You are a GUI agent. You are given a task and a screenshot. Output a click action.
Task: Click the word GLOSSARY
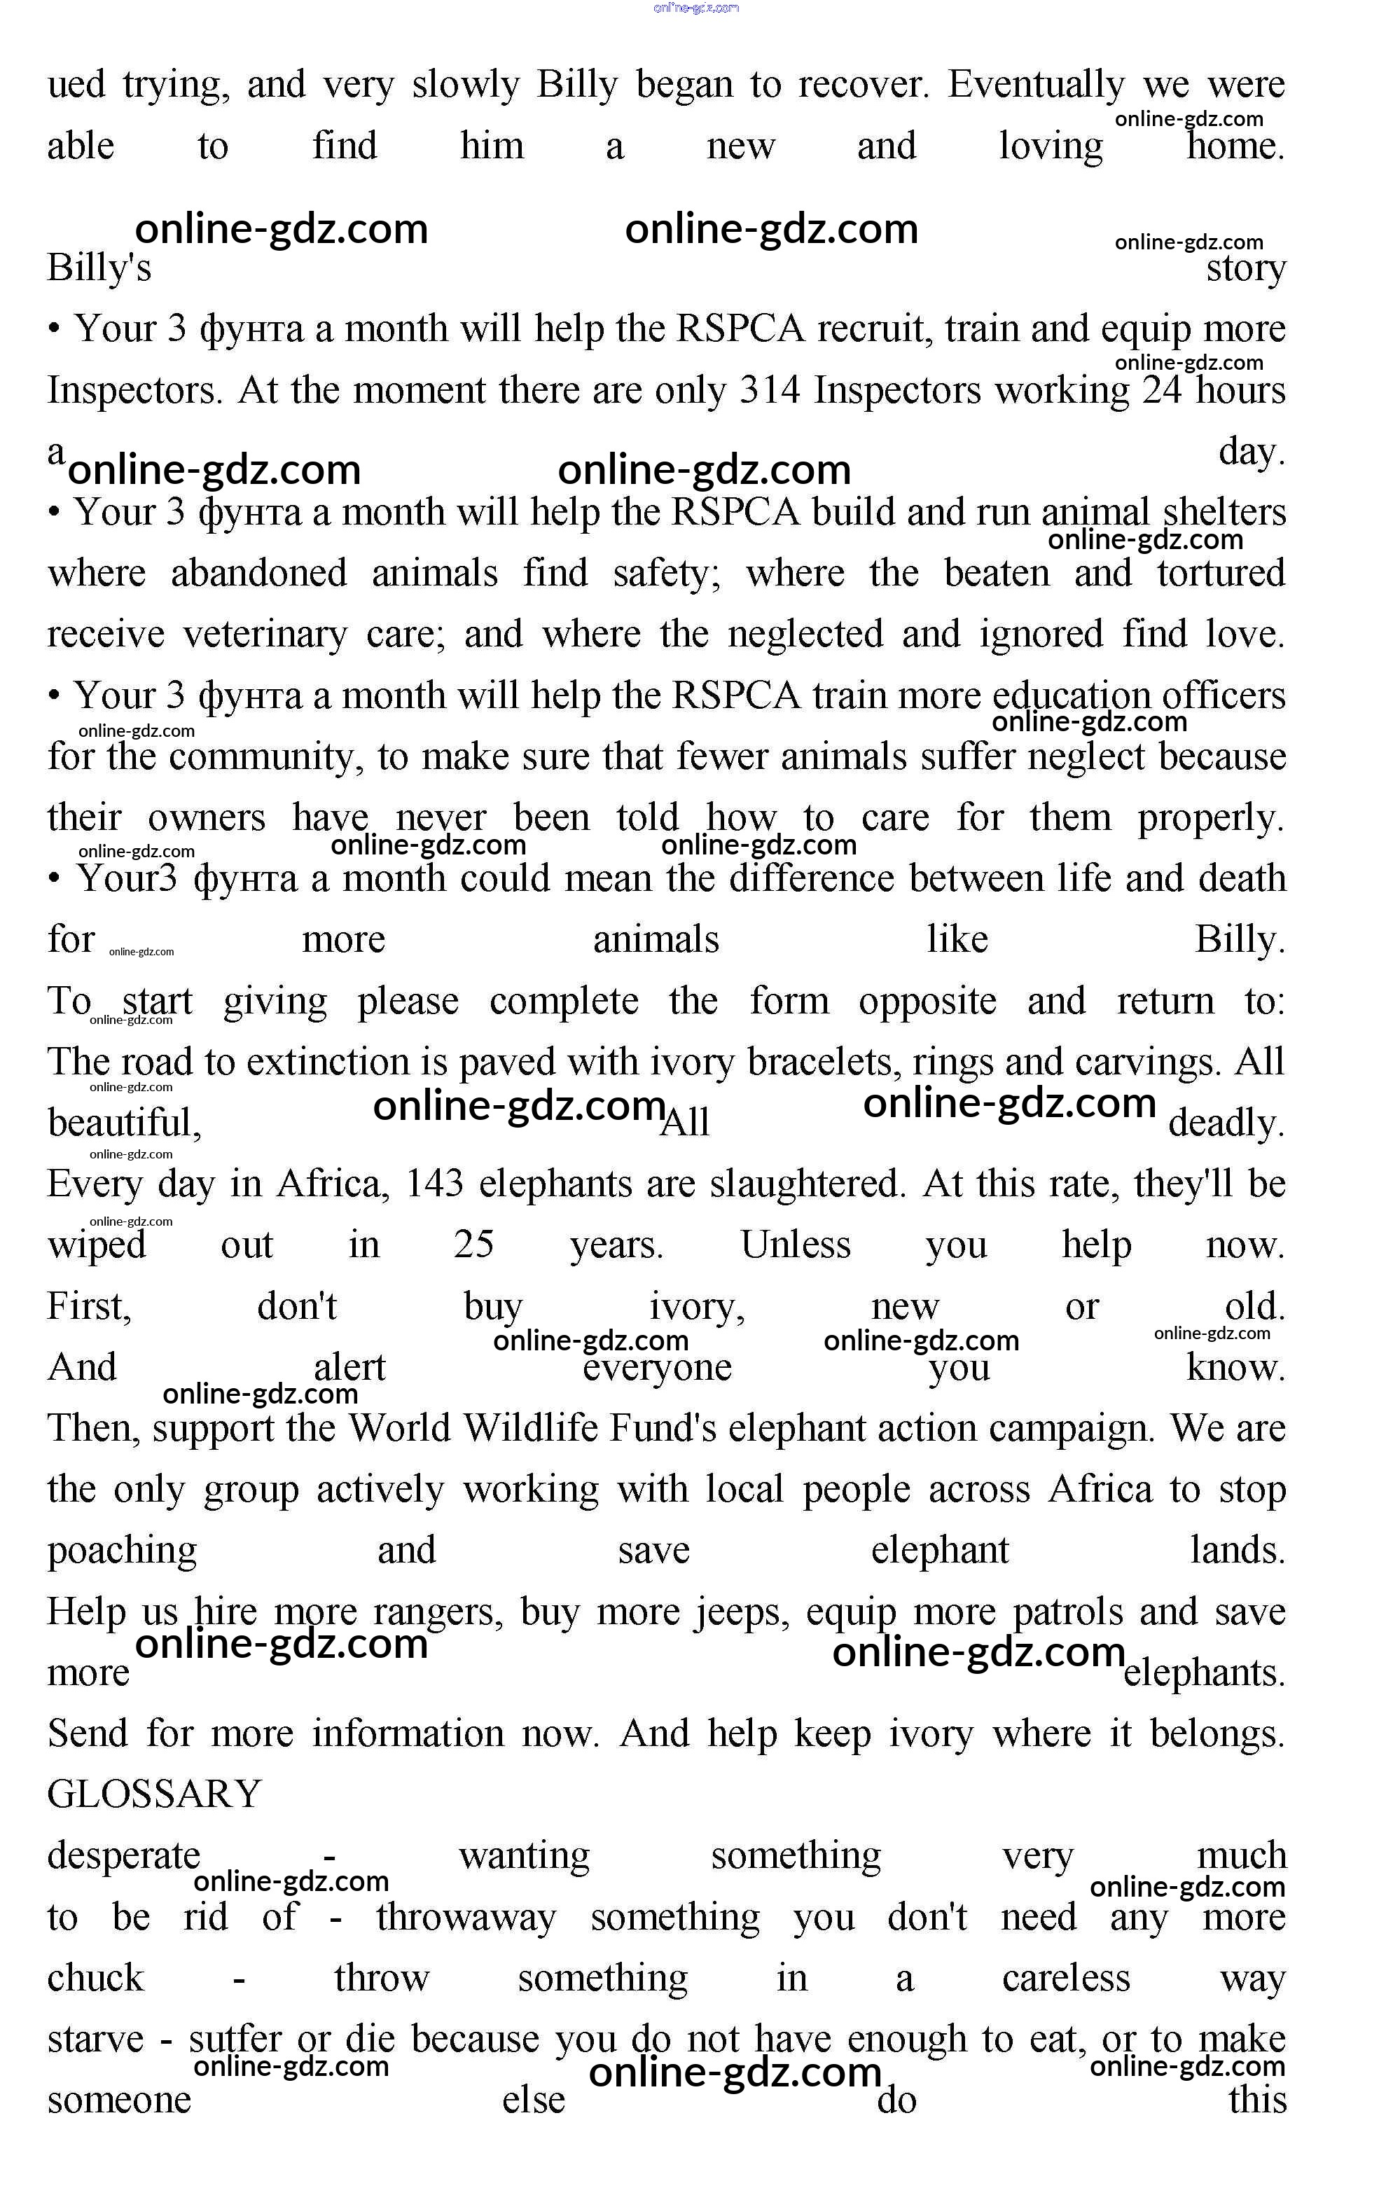(154, 1794)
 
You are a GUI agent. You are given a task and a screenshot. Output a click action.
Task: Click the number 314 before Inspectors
(770, 390)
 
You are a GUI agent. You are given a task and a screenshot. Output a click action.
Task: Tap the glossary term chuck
(96, 1978)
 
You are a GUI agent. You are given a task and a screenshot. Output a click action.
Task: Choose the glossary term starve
(96, 2039)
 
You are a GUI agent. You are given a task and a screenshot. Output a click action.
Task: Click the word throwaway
(466, 1917)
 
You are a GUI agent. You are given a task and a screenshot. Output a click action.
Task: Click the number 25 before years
(474, 1245)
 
